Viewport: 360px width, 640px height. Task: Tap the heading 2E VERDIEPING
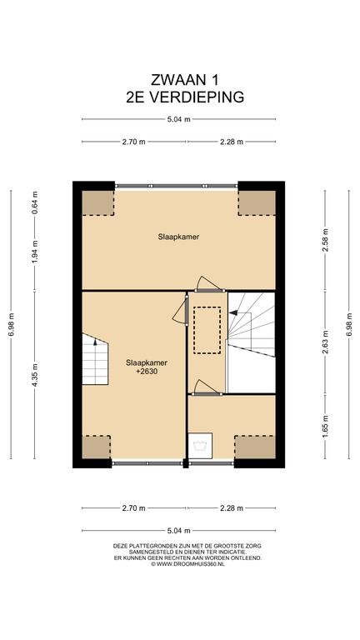185,97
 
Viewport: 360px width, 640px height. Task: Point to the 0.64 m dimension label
35,202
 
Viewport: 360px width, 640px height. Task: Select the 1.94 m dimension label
35,252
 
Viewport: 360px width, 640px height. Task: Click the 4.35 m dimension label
35,375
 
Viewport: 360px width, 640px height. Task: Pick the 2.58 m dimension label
325,240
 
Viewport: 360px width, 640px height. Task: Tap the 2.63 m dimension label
325,342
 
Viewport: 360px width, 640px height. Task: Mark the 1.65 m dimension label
325,427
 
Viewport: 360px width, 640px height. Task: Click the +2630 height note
147,371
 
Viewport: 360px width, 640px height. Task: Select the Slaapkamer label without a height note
179,237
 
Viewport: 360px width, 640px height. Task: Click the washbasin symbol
200,446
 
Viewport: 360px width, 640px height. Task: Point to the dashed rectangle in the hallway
207,330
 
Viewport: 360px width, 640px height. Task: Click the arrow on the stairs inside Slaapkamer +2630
95,341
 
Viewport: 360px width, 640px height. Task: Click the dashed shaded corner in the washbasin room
255,447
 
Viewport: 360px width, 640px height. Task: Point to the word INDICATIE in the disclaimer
229,552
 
